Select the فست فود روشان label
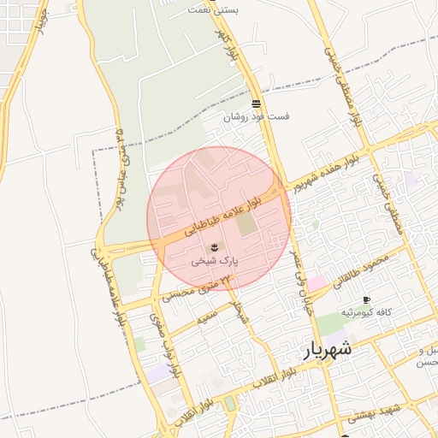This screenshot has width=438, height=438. pos(257,116)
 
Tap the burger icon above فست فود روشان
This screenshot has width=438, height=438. pos(257,103)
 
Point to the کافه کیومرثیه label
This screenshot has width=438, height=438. pos(366,313)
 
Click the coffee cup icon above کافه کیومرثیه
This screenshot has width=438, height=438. pos(367,300)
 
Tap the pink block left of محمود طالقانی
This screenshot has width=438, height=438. pos(317,283)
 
